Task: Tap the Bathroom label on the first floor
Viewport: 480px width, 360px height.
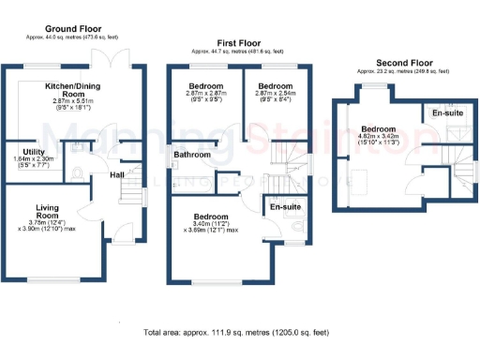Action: click(191, 153)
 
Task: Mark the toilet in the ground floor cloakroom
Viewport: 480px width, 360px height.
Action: click(76, 172)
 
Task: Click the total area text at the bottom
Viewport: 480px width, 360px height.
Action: click(235, 333)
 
